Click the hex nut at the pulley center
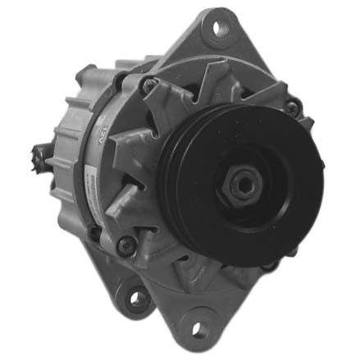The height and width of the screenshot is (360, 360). [x=239, y=185]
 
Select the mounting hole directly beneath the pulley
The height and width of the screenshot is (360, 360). [x=200, y=329]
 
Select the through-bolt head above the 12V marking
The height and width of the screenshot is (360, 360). [x=149, y=82]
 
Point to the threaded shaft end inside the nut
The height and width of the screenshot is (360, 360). [x=239, y=185]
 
